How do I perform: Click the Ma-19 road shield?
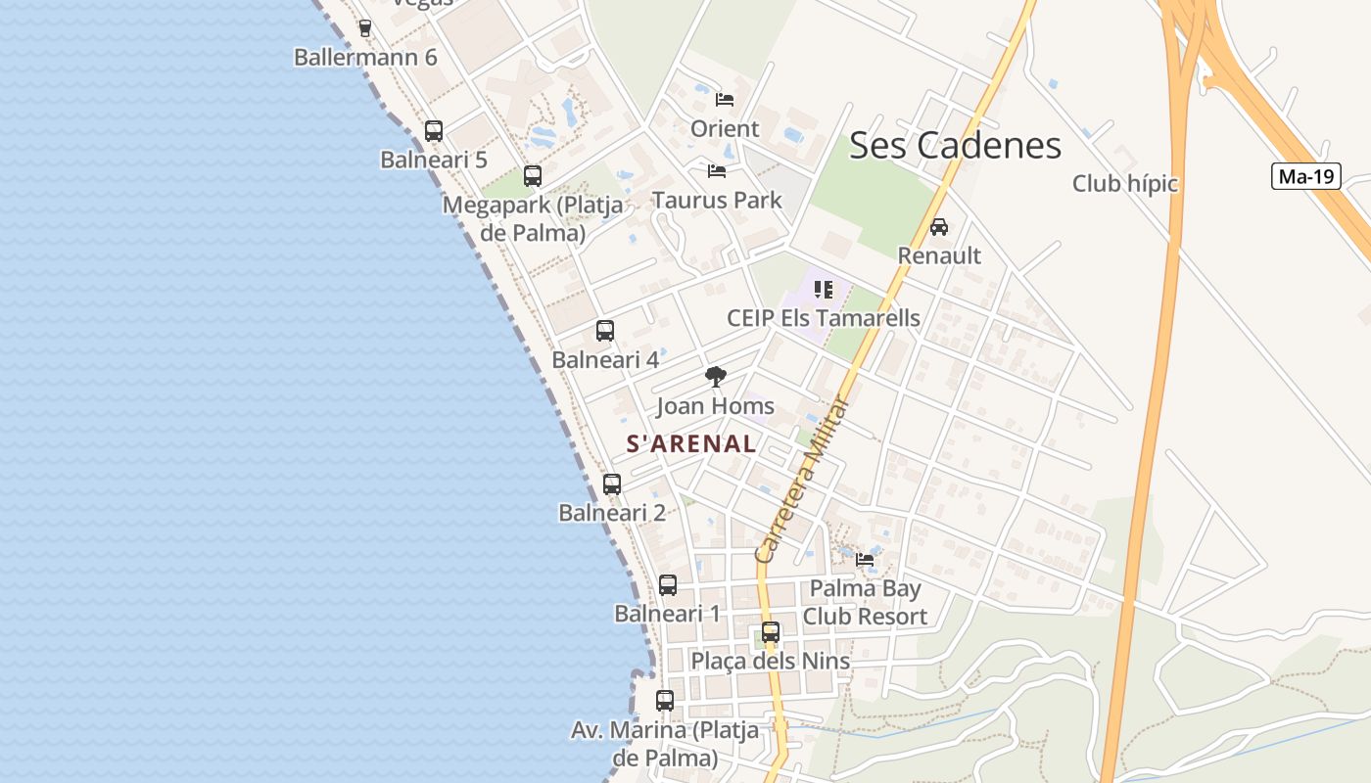[1306, 176]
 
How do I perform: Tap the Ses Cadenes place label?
[955, 145]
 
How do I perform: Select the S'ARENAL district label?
[691, 443]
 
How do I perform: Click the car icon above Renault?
[938, 227]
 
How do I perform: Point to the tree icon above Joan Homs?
[716, 377]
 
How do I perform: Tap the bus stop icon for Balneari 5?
[433, 131]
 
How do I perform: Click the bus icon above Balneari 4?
[605, 331]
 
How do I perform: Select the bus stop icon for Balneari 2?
[612, 484]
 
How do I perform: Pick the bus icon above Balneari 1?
[668, 585]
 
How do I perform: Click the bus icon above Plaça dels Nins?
[771, 632]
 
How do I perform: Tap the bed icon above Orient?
[725, 100]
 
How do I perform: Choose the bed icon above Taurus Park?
[717, 171]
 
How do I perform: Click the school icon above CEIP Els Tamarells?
[824, 290]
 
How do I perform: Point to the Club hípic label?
[1125, 184]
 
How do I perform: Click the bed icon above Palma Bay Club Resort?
[865, 560]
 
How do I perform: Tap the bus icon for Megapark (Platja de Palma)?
[533, 176]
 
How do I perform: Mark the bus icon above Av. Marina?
[665, 701]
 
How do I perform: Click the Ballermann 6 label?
[365, 57]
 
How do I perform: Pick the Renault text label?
[939, 255]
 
